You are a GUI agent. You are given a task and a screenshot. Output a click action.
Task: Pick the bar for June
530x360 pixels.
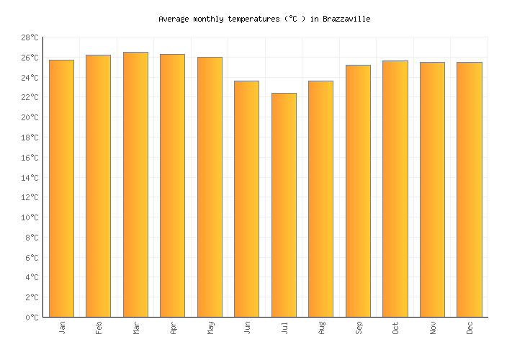(246, 199)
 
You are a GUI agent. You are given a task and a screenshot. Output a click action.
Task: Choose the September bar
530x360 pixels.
(358, 191)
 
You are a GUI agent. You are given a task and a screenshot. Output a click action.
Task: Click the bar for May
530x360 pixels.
(210, 187)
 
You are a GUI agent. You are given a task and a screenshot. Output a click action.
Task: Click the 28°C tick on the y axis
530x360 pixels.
(29, 37)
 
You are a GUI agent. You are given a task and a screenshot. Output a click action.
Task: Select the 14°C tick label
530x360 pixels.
(29, 178)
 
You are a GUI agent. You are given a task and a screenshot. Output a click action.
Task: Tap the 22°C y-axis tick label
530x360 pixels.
(29, 98)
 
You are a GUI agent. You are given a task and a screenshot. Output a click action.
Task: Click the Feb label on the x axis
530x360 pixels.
(99, 328)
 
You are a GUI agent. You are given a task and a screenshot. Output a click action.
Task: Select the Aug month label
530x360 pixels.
(322, 328)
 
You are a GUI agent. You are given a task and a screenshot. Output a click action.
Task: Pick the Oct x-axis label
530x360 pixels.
(396, 328)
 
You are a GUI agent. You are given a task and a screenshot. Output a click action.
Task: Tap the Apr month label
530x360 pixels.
(174, 328)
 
